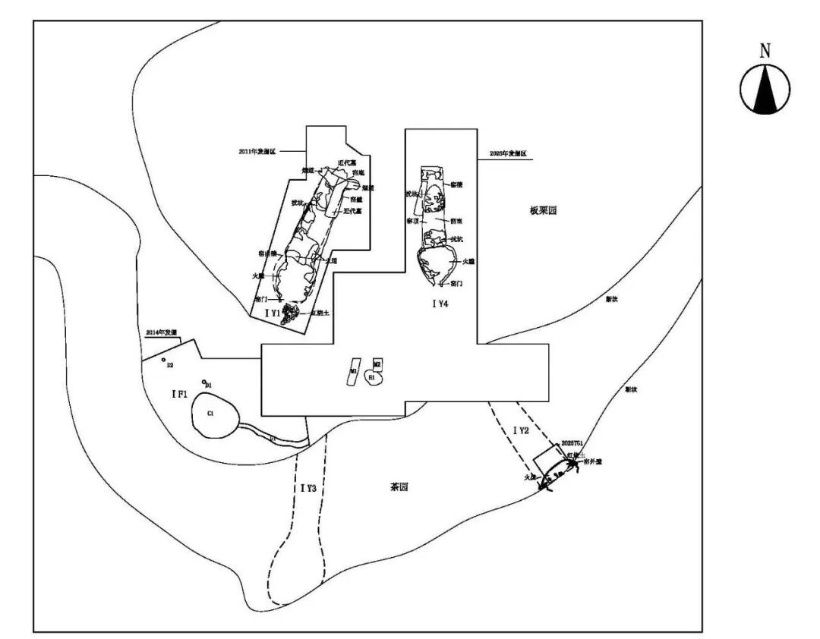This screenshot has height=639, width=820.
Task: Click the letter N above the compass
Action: tap(765, 52)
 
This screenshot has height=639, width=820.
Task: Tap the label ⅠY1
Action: tap(271, 312)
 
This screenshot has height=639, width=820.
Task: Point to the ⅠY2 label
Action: tap(521, 430)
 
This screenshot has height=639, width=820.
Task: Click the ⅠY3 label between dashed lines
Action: tap(307, 488)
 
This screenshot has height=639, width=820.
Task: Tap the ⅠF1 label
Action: tap(180, 393)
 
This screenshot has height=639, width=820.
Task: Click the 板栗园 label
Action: tap(544, 210)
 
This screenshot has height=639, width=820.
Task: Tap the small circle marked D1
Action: tap(204, 382)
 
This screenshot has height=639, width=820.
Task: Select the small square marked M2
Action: tap(377, 365)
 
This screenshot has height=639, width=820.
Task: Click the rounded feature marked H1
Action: tap(373, 377)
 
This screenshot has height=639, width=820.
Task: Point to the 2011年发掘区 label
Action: tap(257, 152)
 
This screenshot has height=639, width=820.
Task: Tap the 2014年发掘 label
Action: tap(161, 332)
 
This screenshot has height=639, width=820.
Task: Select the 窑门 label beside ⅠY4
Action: tap(456, 283)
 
